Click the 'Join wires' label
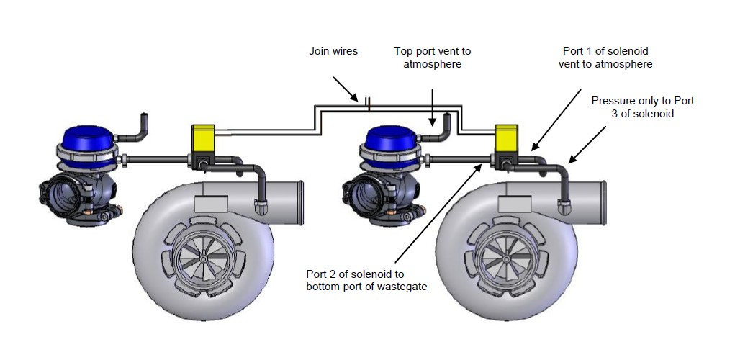click(333, 51)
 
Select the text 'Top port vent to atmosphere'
click(432, 57)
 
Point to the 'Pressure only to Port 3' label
click(643, 107)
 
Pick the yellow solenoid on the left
click(203, 135)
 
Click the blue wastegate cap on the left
click(86, 135)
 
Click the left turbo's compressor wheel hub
click(202, 258)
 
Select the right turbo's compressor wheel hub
click(505, 258)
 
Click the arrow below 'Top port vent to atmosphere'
click(432, 107)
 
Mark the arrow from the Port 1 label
click(556, 120)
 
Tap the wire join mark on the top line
click(369, 104)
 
